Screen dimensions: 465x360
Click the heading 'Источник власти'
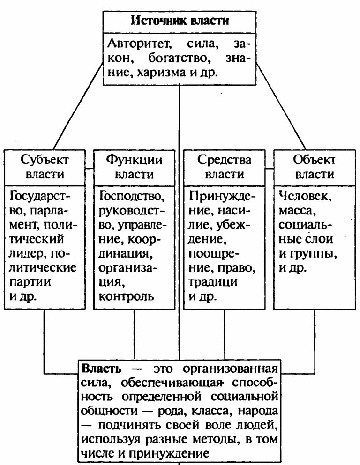tap(180, 21)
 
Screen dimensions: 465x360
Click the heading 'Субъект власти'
tap(45, 168)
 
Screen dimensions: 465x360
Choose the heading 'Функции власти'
tap(135, 168)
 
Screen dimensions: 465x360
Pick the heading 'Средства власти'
tap(224, 168)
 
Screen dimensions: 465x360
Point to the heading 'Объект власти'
tap(314, 168)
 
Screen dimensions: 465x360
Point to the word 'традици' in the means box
tap(213, 283)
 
